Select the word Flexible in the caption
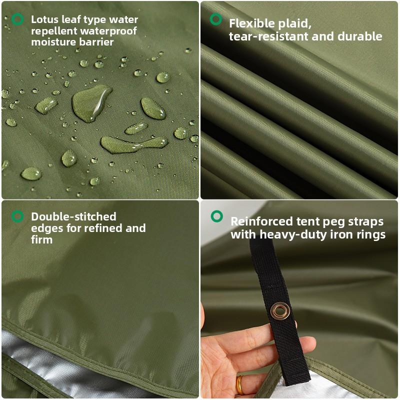coord(252,23)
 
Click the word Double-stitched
coord(73,217)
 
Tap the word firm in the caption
coord(41,240)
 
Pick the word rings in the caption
coord(371,234)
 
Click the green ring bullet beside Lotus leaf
coord(17,19)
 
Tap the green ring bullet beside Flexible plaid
coord(216,19)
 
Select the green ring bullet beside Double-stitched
coord(17,216)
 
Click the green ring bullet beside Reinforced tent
coord(216,216)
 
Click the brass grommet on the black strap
coord(279,312)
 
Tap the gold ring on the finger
coord(240,384)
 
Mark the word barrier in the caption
coord(97,42)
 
